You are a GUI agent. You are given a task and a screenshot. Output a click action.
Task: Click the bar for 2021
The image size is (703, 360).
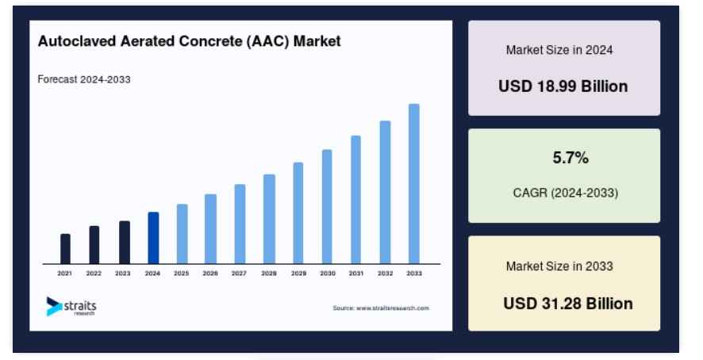[65, 249]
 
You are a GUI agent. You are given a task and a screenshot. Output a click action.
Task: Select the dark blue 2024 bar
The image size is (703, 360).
[153, 238]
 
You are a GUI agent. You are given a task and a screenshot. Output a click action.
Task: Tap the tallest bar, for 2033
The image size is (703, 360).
[414, 184]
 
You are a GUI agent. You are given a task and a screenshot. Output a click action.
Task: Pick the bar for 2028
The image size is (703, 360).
[269, 219]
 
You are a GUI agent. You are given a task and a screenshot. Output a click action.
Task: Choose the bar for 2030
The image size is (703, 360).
[327, 207]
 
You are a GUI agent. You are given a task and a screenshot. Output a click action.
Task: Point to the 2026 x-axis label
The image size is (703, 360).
[209, 273]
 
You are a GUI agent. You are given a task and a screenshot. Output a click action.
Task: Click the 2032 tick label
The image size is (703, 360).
[385, 273]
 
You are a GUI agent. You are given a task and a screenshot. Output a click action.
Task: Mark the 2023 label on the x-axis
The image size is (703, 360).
[122, 273]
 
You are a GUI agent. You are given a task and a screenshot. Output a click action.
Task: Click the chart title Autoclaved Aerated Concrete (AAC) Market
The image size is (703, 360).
[189, 41]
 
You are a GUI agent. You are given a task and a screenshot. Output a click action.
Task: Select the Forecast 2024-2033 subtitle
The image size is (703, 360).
[84, 79]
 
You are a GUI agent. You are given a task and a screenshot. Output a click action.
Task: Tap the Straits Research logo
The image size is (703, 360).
[71, 307]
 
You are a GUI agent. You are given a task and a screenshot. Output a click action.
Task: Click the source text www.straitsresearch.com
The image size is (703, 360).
[393, 308]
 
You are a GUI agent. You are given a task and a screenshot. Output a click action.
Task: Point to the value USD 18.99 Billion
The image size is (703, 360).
[563, 86]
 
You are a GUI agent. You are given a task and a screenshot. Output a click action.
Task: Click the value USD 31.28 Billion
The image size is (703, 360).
[568, 304]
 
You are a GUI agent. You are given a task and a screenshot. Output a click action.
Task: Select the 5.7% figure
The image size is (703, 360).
[570, 158]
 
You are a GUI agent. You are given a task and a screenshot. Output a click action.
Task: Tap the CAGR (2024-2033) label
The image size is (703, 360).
[566, 193]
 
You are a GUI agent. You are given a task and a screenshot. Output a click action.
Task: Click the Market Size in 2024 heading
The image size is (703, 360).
[559, 50]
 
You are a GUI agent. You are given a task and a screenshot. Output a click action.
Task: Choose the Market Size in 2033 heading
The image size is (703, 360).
[559, 266]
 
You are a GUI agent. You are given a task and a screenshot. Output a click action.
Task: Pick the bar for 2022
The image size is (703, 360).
[94, 245]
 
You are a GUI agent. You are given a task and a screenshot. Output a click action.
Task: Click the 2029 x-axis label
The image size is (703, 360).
[298, 273]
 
